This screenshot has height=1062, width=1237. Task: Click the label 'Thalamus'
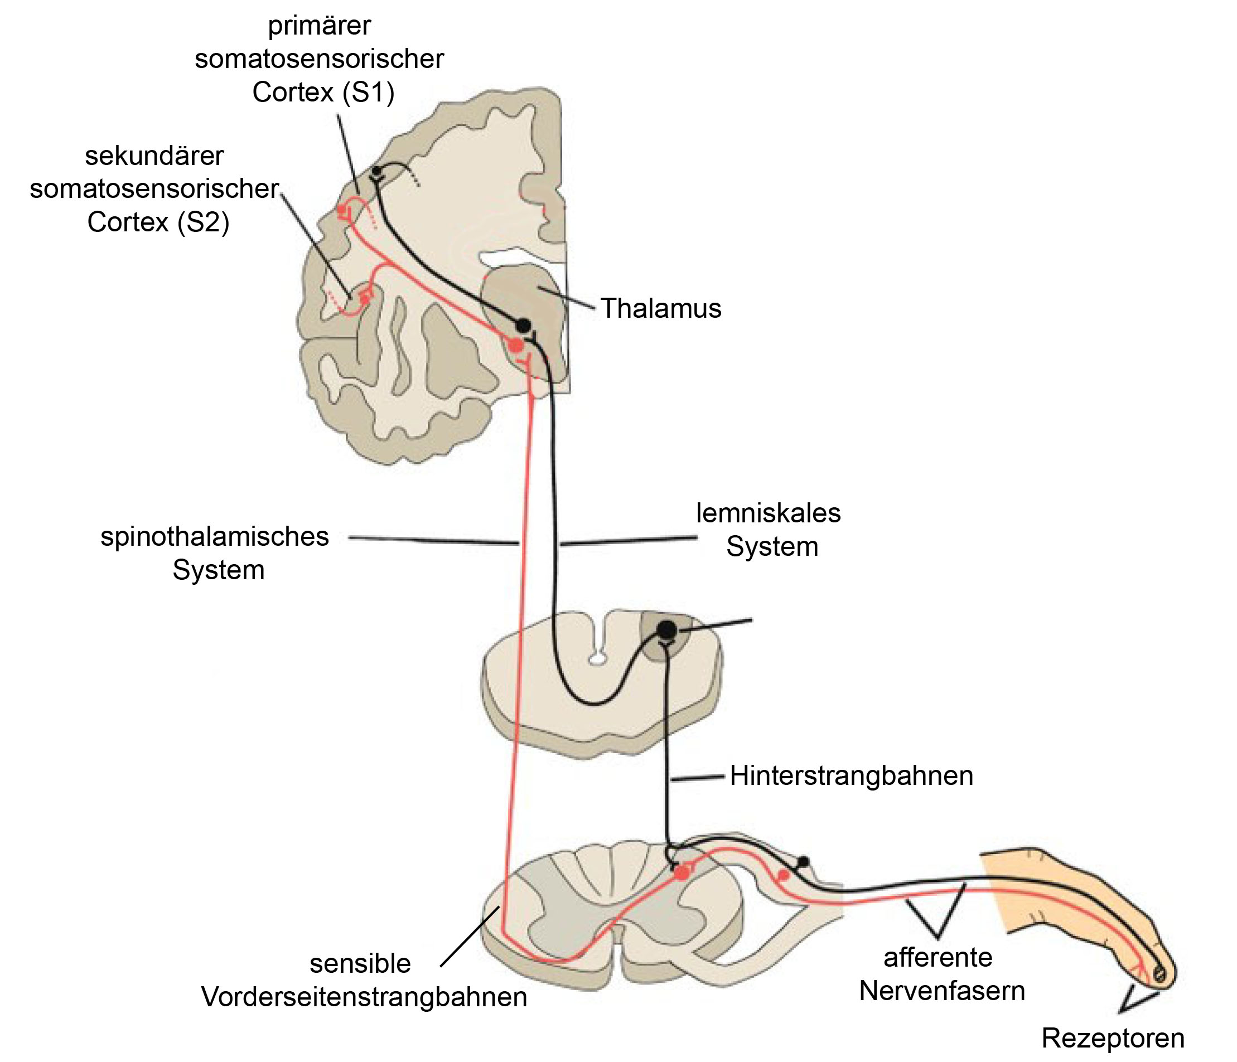[661, 308]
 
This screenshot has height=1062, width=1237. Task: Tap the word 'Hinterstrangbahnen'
[851, 775]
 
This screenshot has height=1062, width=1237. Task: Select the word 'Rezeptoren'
[1113, 1039]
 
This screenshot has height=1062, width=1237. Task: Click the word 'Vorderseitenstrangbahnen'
[364, 997]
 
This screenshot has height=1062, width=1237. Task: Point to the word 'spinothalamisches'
[215, 536]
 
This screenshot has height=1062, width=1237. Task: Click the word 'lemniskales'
[769, 513]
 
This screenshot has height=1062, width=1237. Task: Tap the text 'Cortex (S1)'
[323, 93]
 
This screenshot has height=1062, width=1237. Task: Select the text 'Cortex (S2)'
[158, 222]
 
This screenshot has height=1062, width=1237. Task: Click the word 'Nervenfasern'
[942, 991]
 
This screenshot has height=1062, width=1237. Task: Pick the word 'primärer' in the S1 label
[320, 26]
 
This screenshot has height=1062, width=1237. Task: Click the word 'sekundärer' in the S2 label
[154, 156]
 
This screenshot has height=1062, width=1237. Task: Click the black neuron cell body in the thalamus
[524, 326]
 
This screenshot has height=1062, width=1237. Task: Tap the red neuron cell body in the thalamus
[516, 346]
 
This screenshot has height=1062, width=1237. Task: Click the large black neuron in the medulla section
[667, 630]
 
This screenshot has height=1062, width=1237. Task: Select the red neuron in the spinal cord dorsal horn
[681, 873]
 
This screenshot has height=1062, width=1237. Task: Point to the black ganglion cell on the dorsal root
[804, 861]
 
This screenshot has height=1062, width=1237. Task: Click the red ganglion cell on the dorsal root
[783, 875]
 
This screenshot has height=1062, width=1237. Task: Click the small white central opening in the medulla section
[596, 659]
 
